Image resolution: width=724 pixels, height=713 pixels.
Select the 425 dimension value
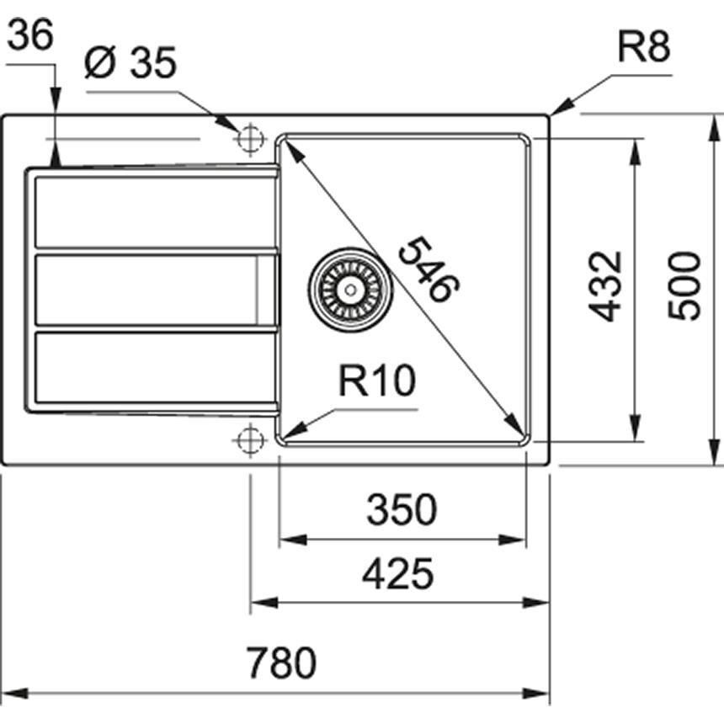(x=397, y=574)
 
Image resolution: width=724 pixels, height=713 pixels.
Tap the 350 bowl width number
(x=402, y=509)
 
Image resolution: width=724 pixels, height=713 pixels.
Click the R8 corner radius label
(x=643, y=49)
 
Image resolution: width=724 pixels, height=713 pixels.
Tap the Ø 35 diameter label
(x=130, y=64)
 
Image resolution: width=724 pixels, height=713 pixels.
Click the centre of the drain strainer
(x=350, y=289)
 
